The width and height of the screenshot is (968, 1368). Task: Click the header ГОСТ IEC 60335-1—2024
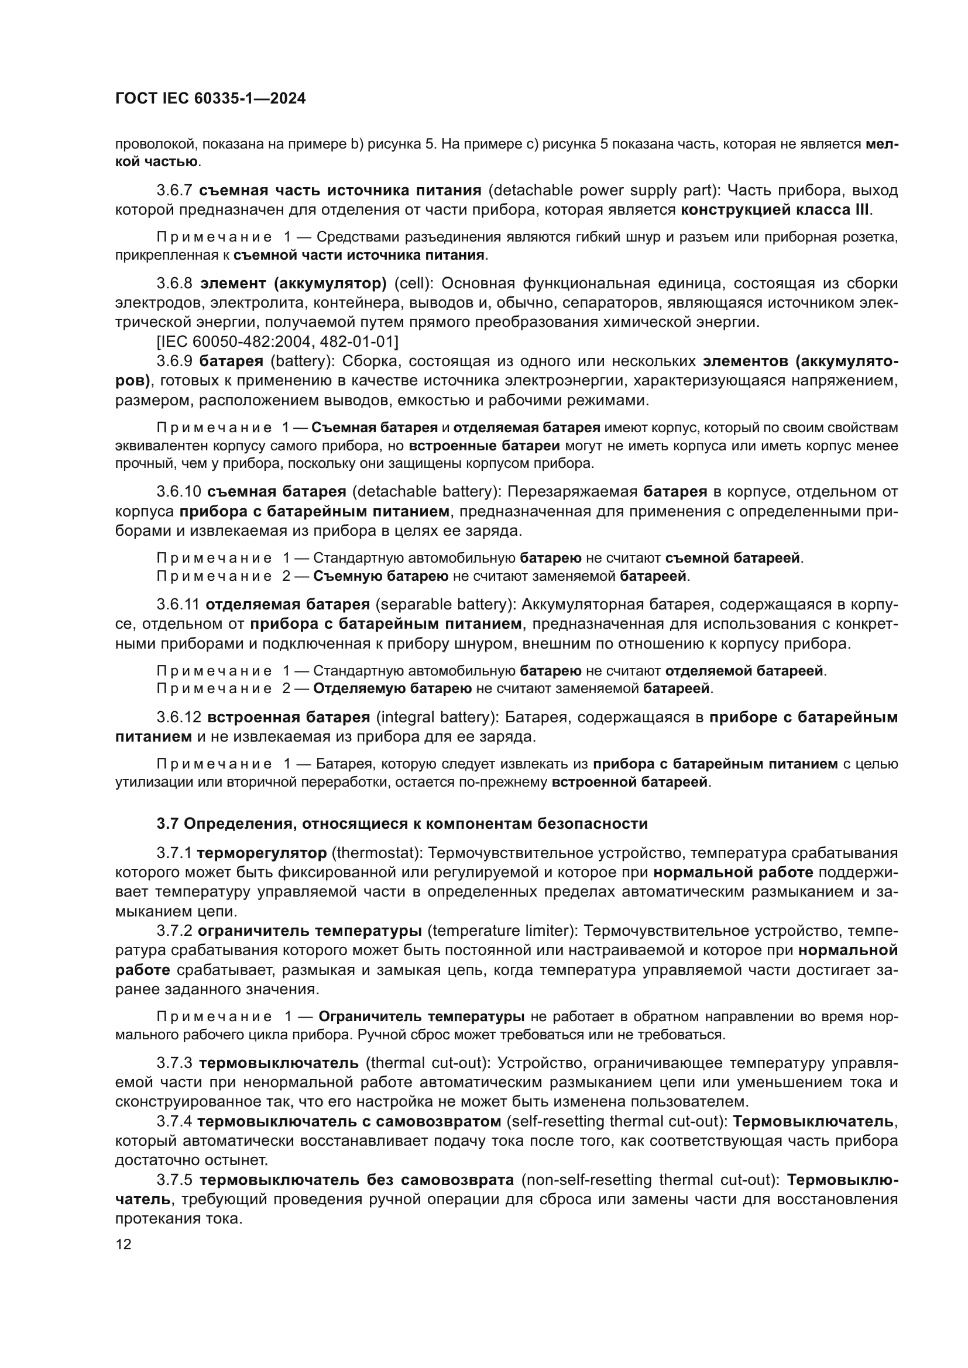click(211, 99)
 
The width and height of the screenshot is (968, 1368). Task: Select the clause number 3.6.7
click(174, 191)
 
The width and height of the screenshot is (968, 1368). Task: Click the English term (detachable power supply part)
click(604, 191)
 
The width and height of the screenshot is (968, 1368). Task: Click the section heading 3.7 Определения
click(401, 824)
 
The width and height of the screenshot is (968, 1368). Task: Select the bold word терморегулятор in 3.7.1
click(262, 853)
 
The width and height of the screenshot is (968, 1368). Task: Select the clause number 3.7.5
click(174, 1180)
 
